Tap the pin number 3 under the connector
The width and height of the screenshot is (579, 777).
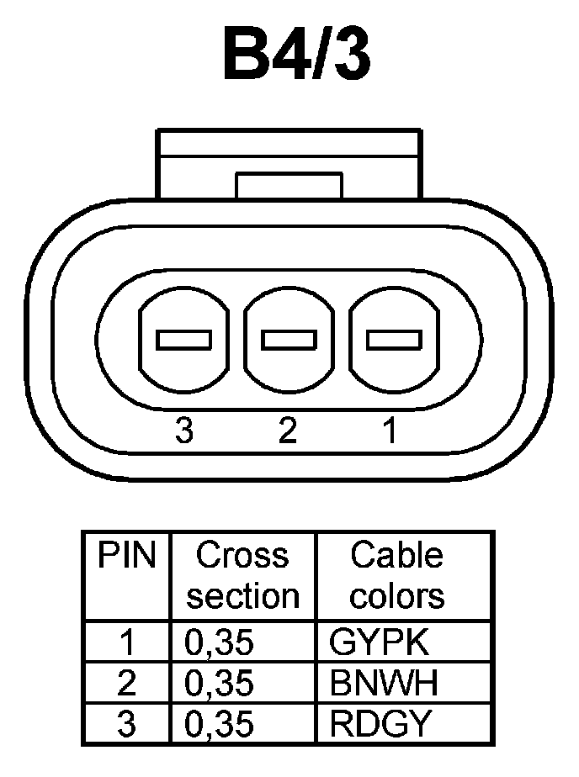184,431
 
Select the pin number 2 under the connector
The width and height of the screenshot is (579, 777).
288,431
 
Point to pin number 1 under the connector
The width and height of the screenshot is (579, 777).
389,431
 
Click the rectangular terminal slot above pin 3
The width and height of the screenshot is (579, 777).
183,340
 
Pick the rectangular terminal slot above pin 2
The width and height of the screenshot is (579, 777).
289,340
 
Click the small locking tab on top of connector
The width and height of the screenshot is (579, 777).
289,185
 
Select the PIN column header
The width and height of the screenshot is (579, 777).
127,556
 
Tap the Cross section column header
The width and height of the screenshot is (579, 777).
242,576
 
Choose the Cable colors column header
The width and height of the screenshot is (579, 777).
397,576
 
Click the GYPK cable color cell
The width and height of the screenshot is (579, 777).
380,642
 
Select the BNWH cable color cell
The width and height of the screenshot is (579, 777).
385,683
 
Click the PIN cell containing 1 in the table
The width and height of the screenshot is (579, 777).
127,642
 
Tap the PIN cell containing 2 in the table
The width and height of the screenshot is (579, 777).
127,683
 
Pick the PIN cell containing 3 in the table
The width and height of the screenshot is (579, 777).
127,723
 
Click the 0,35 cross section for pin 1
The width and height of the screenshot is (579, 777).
219,642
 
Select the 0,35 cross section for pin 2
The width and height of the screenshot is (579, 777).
219,683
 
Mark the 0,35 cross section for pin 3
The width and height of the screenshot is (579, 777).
219,723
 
